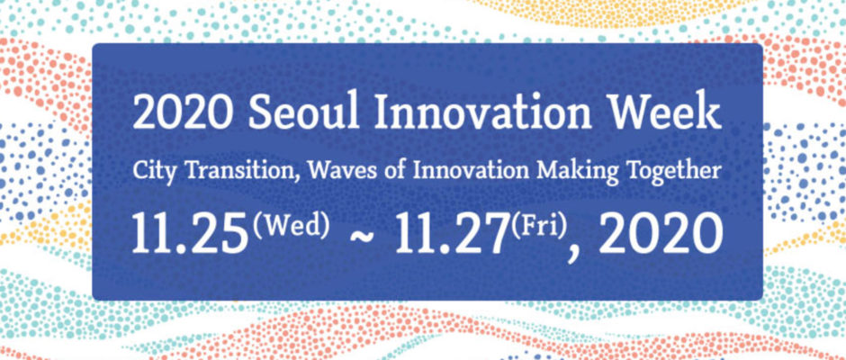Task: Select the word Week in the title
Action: tap(666, 113)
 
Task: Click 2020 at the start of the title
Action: tap(183, 113)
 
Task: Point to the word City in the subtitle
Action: tap(151, 172)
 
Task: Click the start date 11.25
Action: tap(189, 234)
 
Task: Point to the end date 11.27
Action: tap(452, 234)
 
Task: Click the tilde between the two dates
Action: tap(362, 237)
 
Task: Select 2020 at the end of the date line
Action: tap(661, 234)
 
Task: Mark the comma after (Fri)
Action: tap(572, 253)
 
